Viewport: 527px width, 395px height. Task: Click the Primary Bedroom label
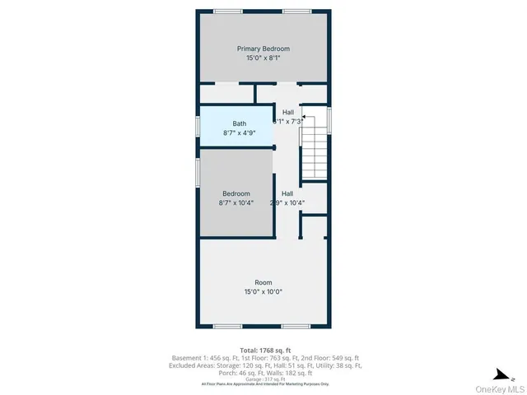(263, 49)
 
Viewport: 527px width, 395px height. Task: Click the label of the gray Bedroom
(236, 193)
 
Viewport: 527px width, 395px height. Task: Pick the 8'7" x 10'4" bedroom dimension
(236, 203)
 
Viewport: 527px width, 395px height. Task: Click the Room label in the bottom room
(263, 281)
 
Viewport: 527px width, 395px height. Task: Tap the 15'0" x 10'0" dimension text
(263, 291)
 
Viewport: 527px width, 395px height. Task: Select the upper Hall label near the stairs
(288, 112)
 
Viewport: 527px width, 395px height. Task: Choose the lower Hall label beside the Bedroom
(287, 193)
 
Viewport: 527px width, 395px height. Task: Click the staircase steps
(314, 152)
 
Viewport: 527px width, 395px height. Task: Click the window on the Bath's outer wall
(197, 126)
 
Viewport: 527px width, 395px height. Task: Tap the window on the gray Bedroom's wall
(197, 174)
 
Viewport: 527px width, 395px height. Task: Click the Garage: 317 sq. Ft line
(263, 379)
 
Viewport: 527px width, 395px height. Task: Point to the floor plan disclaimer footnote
(263, 384)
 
